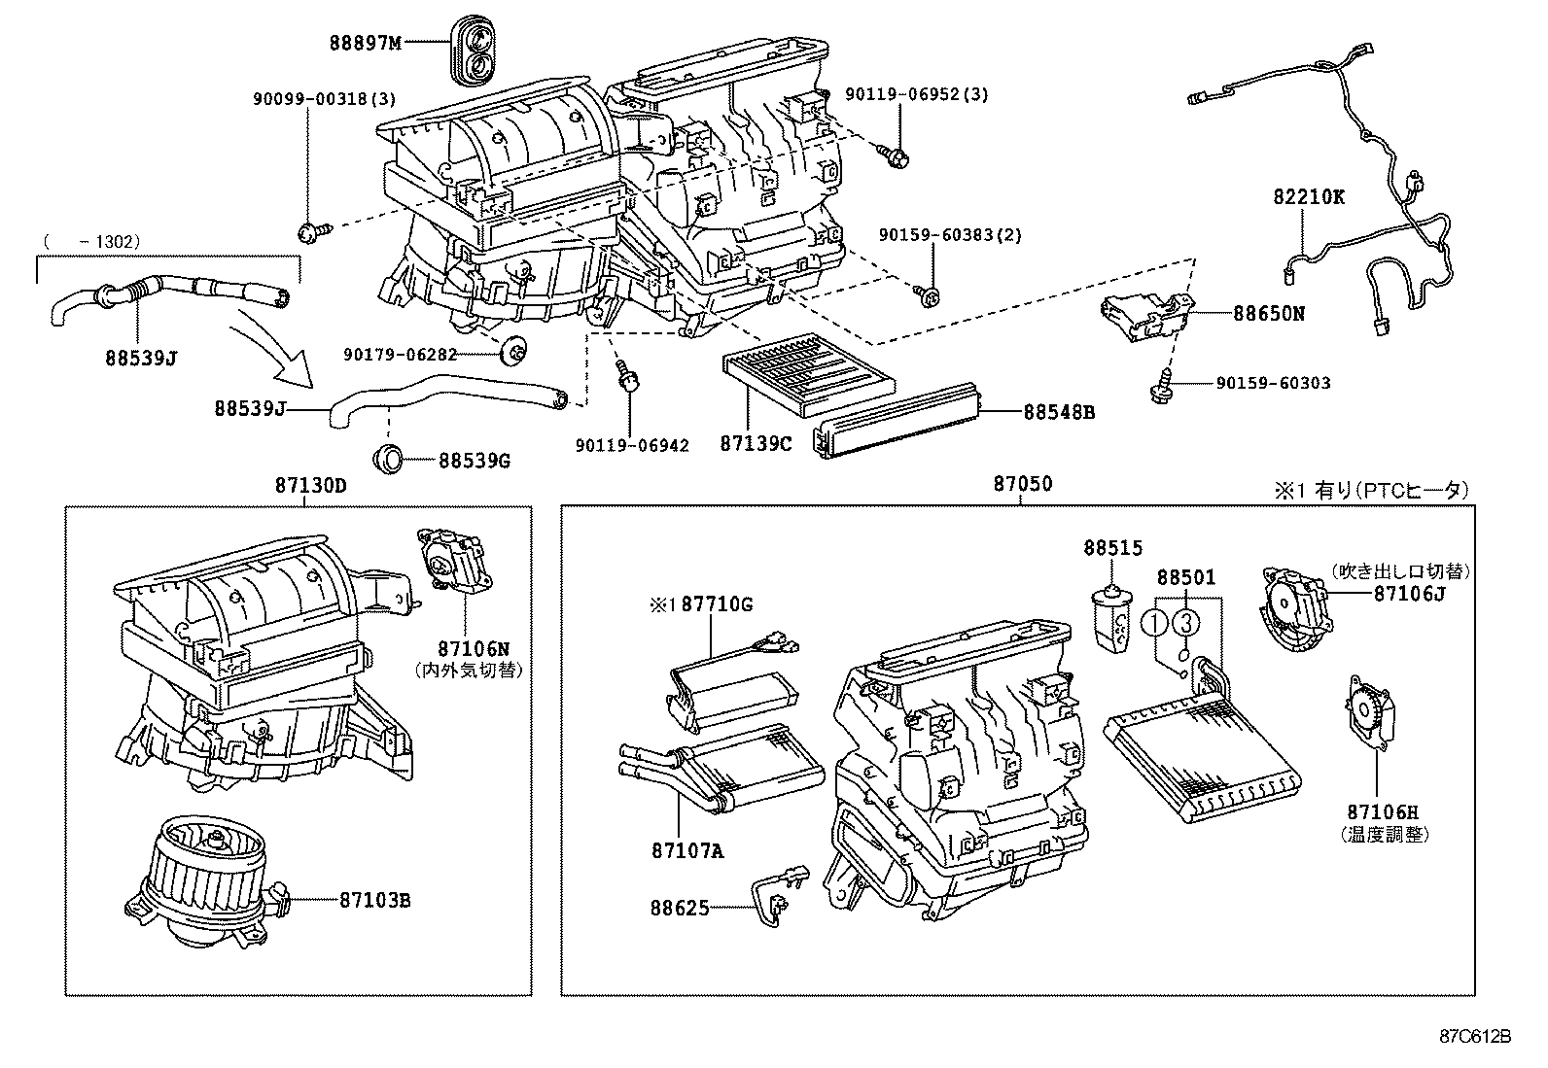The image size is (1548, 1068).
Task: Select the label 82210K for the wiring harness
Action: pos(1309,196)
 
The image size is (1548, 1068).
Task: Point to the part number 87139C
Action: pos(756,444)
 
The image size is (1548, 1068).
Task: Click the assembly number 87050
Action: pos(1022,484)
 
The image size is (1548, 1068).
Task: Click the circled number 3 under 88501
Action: pos(1184,621)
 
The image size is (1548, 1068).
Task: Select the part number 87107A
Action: pos(686,851)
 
